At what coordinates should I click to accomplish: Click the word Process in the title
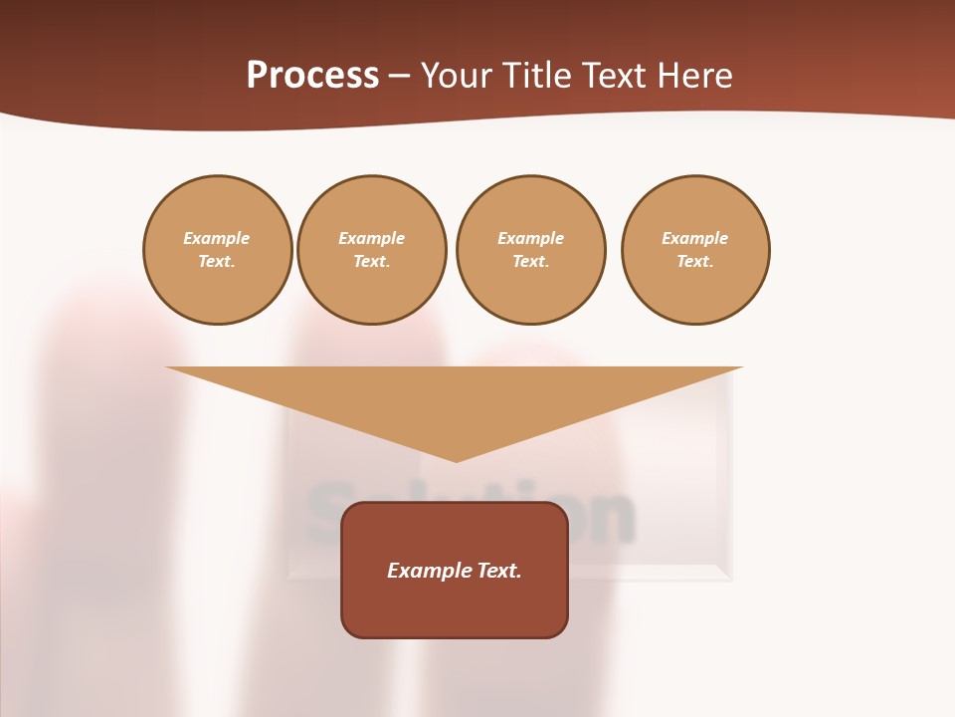[x=312, y=76]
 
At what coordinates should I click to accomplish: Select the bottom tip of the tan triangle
[x=456, y=459]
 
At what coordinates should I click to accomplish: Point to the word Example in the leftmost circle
[x=217, y=238]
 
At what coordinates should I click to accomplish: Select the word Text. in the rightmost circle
[x=695, y=261]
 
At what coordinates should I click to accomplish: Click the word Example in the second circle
[x=372, y=238]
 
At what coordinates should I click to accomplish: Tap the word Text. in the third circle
[x=531, y=261]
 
